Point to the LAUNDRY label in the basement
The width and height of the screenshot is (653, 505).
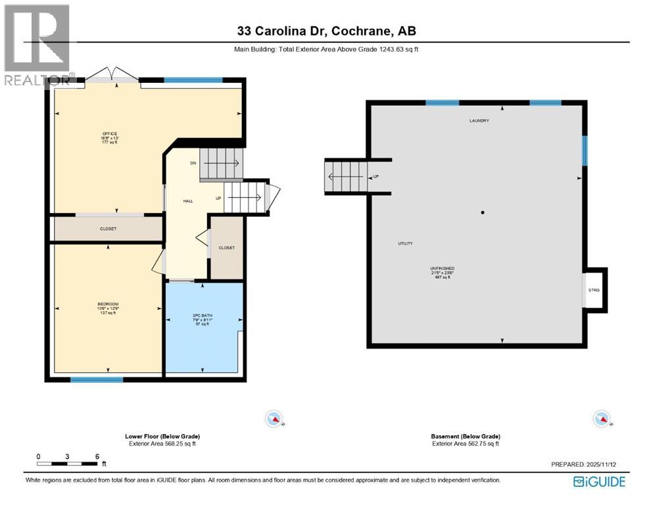(479, 121)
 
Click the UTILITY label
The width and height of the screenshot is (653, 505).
(405, 243)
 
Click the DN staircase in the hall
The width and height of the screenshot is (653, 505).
(222, 163)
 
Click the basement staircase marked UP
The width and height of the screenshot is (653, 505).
(347, 177)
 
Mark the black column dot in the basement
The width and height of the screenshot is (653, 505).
(483, 212)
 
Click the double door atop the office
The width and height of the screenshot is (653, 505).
(112, 75)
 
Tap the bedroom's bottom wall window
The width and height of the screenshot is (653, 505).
(97, 379)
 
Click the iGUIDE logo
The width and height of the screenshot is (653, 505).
(599, 482)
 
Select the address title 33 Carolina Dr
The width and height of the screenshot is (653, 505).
(327, 31)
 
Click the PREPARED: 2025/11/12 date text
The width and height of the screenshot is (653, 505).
(588, 464)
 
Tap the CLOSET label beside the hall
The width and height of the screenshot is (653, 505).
(226, 248)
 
